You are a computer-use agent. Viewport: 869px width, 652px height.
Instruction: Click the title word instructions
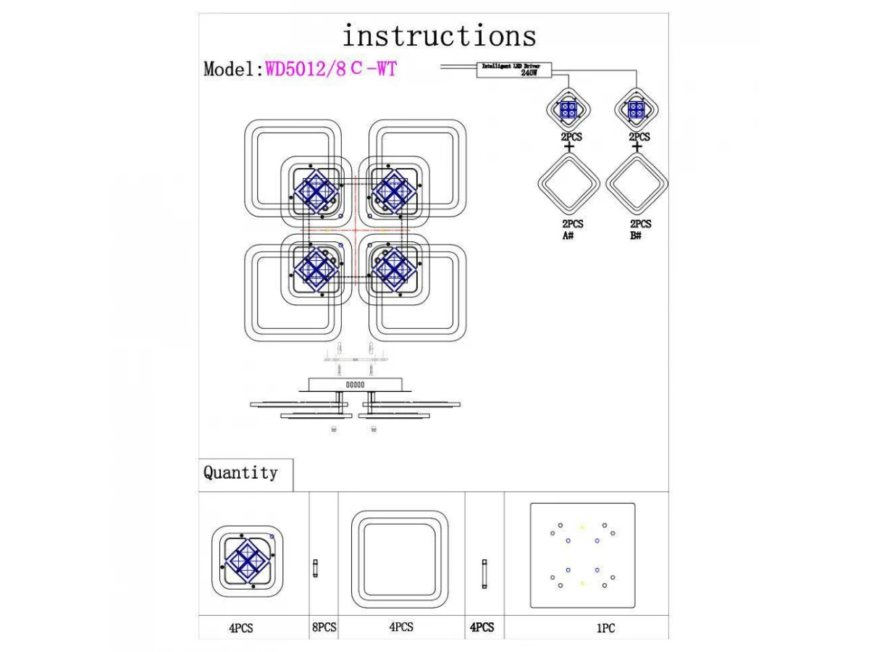(x=439, y=35)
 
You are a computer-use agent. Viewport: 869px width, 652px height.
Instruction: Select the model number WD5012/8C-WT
(x=331, y=70)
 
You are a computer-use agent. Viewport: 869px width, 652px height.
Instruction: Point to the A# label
(x=568, y=236)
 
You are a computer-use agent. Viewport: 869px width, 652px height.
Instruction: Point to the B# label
(x=636, y=236)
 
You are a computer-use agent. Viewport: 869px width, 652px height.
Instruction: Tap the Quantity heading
(x=240, y=473)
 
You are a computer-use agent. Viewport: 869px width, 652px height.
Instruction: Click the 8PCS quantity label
(x=324, y=627)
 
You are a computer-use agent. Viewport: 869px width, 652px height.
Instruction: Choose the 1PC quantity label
(x=605, y=628)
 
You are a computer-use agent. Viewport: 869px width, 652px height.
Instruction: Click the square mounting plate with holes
(x=582, y=556)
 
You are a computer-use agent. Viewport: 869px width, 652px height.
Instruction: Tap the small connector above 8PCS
(x=315, y=568)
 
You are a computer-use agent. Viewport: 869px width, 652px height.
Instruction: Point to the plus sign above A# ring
(x=569, y=147)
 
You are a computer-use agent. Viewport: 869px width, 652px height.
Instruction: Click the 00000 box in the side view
(x=355, y=384)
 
